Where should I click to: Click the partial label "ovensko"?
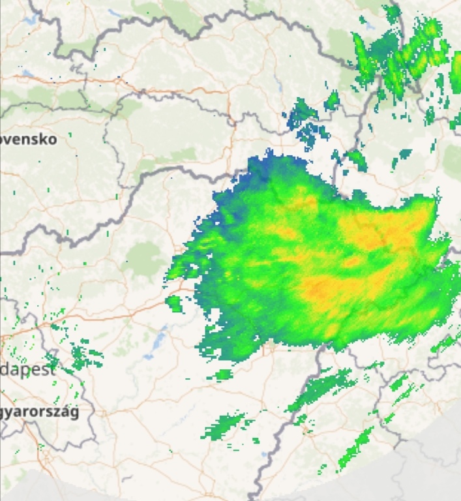[29, 139]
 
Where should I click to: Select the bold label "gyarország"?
[39, 412]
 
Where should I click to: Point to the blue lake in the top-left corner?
[29, 20]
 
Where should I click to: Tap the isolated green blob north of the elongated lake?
[173, 302]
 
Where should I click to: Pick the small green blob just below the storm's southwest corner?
[223, 374]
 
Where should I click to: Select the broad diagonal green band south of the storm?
[323, 389]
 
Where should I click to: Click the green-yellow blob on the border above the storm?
[356, 159]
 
